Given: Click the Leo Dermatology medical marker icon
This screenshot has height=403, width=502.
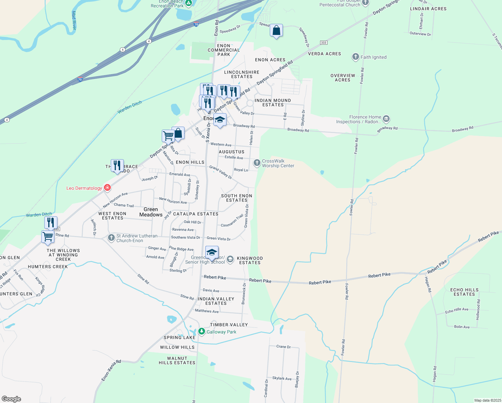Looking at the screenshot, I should [107, 188].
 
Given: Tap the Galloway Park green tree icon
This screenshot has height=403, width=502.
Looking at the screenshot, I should [202, 331].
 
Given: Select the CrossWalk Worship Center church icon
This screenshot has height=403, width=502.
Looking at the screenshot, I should [257, 163].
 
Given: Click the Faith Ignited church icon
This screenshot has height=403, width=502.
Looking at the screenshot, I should [356, 57].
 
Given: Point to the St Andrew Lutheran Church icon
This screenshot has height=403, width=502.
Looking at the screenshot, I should [111, 238].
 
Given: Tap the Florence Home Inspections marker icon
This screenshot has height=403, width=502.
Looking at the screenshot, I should [386, 119].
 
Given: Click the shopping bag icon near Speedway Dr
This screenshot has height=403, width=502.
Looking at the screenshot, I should [276, 31].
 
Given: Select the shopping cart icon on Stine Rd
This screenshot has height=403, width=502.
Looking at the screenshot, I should [48, 236].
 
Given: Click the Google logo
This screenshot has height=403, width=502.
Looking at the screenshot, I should [11, 399].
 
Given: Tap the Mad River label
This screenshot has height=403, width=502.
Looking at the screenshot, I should [74, 20].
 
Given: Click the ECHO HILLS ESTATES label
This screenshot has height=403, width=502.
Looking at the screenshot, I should [464, 292].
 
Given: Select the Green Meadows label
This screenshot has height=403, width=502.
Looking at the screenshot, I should [151, 212].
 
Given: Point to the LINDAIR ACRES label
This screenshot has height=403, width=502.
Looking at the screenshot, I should [428, 9].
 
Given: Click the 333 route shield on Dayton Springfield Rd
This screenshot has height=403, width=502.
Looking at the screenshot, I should [323, 43].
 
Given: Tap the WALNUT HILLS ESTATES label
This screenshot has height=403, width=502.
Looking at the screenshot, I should [177, 360].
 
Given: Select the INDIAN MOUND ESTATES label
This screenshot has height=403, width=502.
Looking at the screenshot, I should [272, 102].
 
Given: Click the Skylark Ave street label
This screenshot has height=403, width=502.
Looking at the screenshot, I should [282, 378].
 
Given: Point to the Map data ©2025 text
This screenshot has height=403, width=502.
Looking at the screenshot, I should [488, 400].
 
